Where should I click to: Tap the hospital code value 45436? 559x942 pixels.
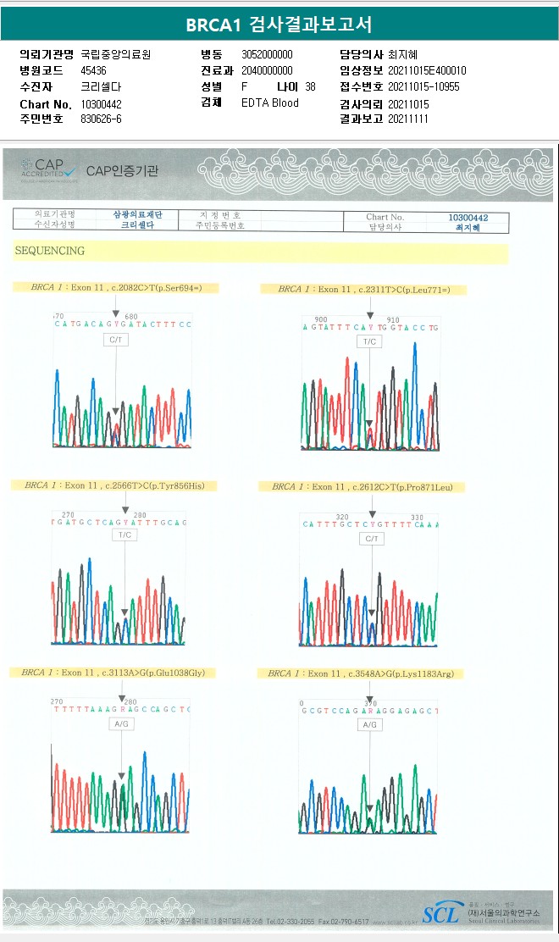[x=93, y=70]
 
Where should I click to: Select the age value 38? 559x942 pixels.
[x=310, y=86]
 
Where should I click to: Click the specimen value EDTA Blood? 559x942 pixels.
[x=269, y=103]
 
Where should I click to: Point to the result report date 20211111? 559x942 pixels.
[x=408, y=119]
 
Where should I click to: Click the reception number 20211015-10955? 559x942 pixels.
[x=423, y=86]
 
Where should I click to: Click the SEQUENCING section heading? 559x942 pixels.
[x=49, y=251]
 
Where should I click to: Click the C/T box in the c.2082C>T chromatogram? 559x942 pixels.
[x=116, y=340]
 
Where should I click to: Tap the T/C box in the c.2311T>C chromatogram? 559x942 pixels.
[x=368, y=341]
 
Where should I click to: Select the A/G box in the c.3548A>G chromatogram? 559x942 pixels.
[x=368, y=725]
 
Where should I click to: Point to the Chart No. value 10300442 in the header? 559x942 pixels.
[x=102, y=103]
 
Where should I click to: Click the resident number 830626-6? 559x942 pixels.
[x=101, y=119]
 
